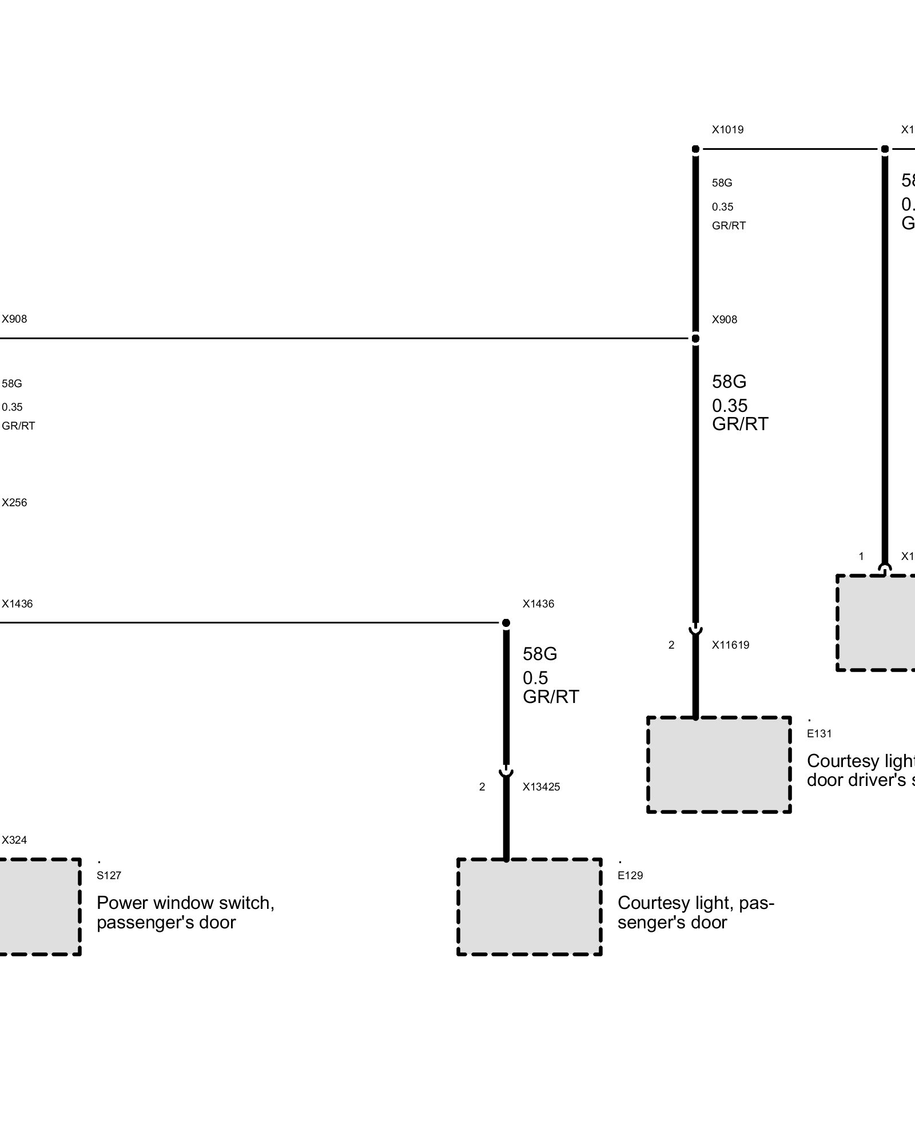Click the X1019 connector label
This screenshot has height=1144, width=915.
[727, 130]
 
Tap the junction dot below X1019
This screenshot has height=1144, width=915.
[695, 150]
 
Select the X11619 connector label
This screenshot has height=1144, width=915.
[730, 645]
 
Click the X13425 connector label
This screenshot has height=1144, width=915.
[541, 787]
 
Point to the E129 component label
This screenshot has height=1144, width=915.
[630, 875]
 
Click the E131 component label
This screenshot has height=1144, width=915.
[819, 733]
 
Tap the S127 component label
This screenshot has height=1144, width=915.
[109, 875]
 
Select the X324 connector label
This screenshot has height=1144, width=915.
[14, 840]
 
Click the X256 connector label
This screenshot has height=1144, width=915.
[14, 503]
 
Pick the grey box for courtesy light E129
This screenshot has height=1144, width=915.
[529, 907]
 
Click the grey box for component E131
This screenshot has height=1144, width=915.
[719, 764]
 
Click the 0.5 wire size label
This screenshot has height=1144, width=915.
[535, 678]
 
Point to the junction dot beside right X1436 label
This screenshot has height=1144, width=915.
[506, 622]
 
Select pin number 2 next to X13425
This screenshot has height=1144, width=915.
[482, 787]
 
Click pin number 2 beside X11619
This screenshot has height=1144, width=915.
[671, 645]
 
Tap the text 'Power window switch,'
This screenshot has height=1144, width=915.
[185, 903]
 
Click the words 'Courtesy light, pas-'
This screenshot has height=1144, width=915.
[696, 903]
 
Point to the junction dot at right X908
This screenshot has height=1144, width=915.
[695, 339]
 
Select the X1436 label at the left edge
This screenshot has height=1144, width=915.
[17, 604]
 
